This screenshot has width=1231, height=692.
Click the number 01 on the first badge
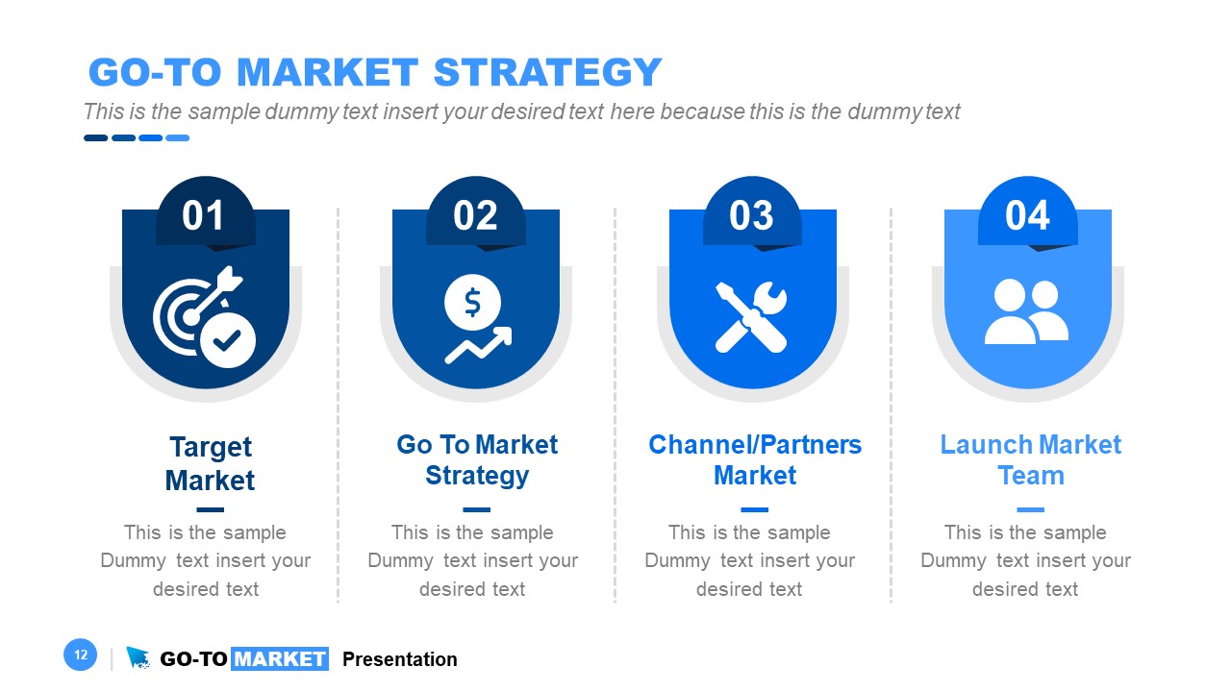click(x=204, y=216)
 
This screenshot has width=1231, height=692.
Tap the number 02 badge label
click(x=475, y=216)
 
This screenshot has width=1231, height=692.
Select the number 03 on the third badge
click(x=751, y=216)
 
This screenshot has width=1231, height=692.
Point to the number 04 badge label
click(x=1027, y=216)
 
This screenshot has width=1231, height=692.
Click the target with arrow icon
click(x=204, y=316)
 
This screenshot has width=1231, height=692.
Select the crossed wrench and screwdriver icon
click(x=751, y=316)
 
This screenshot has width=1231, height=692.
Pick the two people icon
click(x=1026, y=312)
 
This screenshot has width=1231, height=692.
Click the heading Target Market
click(x=210, y=463)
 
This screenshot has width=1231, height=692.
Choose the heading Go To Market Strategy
click(x=477, y=460)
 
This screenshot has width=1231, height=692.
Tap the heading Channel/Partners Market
click(x=755, y=460)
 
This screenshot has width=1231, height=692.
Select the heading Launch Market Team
click(x=1030, y=460)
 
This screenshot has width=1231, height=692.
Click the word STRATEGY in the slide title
click(x=547, y=73)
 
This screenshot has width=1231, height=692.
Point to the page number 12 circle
click(x=81, y=655)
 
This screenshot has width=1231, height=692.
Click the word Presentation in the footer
click(x=400, y=659)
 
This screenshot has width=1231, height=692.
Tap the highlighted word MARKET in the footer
click(x=280, y=659)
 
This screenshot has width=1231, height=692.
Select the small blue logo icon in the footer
click(x=138, y=657)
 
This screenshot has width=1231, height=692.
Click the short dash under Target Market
click(x=210, y=510)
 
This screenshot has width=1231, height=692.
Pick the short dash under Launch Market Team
click(x=1030, y=510)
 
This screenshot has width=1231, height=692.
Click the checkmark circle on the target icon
click(x=228, y=339)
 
